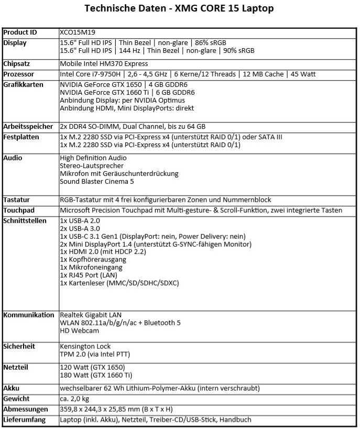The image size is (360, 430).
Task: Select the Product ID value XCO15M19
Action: (x=78, y=32)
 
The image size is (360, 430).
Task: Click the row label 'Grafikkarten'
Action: (x=23, y=84)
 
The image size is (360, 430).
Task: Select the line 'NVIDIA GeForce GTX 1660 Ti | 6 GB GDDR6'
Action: (x=127, y=92)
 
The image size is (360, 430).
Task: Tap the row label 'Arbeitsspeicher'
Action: (x=27, y=127)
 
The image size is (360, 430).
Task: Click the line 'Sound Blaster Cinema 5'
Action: (x=97, y=181)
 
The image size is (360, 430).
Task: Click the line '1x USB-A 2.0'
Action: (x=80, y=220)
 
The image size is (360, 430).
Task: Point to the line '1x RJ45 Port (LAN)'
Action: (x=89, y=275)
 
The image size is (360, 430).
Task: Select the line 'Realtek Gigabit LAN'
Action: (x=91, y=315)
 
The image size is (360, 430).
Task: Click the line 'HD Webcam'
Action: (x=80, y=330)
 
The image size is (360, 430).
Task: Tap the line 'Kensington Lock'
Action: (x=85, y=346)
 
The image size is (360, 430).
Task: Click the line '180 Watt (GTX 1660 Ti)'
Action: (x=96, y=375)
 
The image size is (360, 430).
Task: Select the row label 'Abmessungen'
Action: (x=26, y=409)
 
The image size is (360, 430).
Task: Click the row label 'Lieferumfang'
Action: (x=25, y=420)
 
